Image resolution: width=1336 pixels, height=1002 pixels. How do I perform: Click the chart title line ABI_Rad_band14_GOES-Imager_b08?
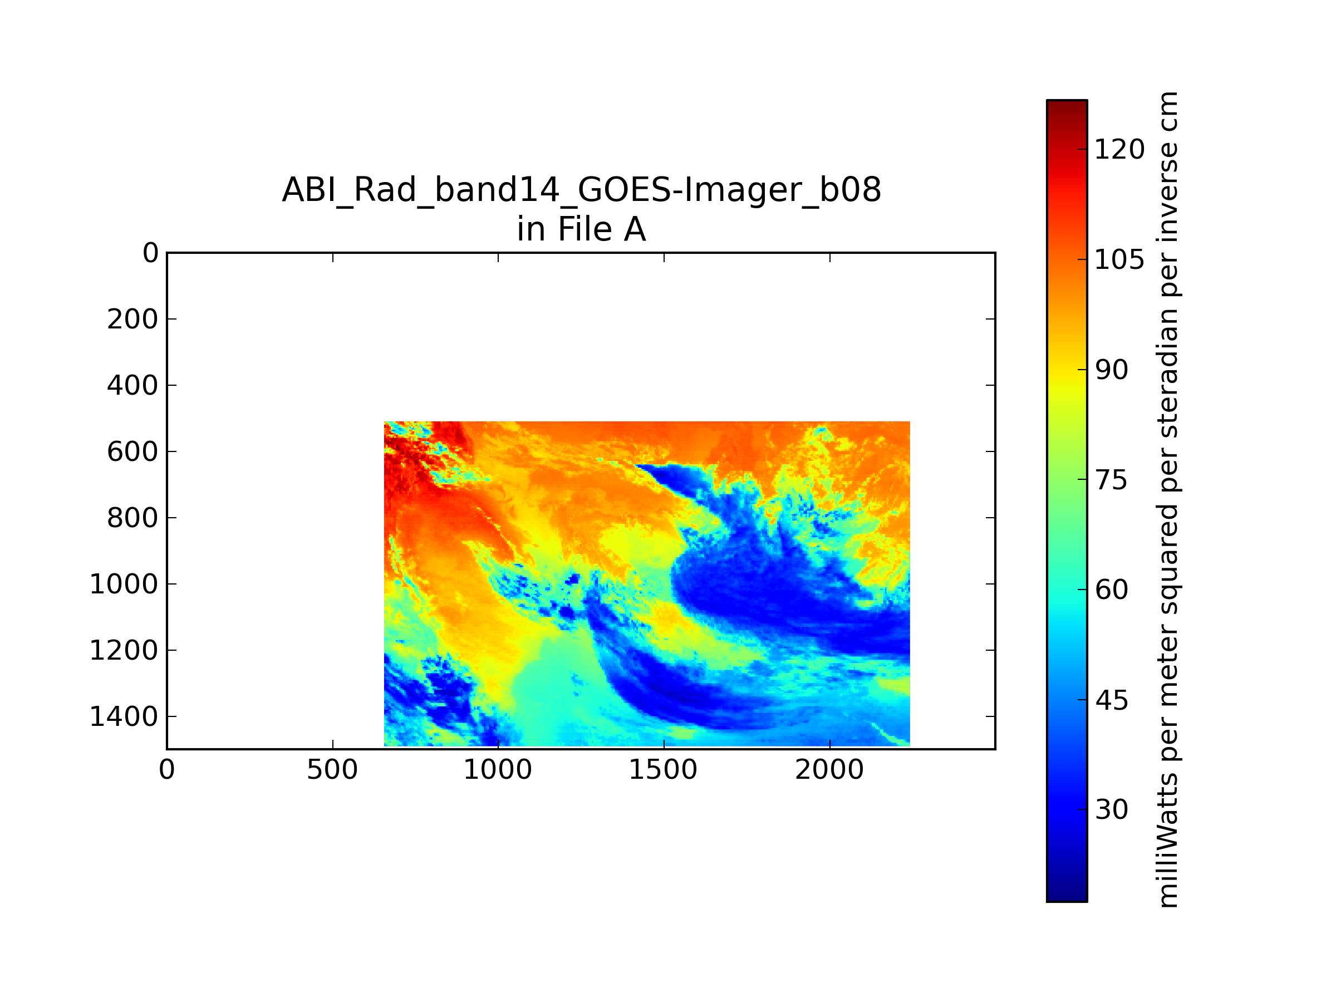click(x=582, y=190)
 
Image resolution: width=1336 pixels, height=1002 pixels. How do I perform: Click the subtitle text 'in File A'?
click(x=582, y=229)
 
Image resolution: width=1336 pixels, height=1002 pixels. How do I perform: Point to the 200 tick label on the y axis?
click(x=133, y=319)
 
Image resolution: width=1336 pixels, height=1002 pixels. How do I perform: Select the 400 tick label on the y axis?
click(x=133, y=385)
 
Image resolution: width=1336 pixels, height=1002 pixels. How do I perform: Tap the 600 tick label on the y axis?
click(x=133, y=452)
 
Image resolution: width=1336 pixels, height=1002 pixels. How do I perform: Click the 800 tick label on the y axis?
click(x=133, y=518)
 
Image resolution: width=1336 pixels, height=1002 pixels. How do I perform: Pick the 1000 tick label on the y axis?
click(x=124, y=584)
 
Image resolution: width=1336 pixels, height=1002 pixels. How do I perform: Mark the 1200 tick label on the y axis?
click(x=124, y=651)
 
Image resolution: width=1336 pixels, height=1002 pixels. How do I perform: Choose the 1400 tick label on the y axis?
click(x=124, y=717)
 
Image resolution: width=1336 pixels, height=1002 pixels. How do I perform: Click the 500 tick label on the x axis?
click(x=332, y=770)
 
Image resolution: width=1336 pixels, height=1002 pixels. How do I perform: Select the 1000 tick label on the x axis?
click(x=498, y=770)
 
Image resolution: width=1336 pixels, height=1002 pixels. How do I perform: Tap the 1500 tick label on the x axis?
click(x=663, y=770)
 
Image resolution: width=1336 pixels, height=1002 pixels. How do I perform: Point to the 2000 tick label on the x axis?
click(x=829, y=770)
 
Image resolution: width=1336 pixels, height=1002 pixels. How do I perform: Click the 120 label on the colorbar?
click(x=1119, y=149)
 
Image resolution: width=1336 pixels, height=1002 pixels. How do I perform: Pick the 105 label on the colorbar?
click(x=1119, y=260)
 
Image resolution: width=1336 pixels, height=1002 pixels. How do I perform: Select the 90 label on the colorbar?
click(x=1111, y=370)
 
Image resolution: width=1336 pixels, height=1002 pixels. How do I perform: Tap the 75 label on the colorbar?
click(x=1111, y=480)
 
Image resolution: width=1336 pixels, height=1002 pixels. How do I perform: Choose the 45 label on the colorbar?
click(x=1111, y=701)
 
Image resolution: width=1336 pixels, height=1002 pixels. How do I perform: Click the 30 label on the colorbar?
click(x=1111, y=809)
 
